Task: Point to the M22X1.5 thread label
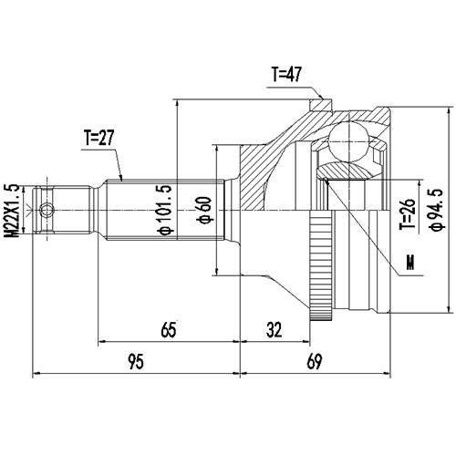tap(12, 211)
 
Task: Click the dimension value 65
tap(168, 331)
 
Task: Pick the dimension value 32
tap(275, 331)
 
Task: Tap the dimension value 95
tap(135, 361)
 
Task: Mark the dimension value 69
tap(316, 361)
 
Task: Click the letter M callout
tap(409, 265)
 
